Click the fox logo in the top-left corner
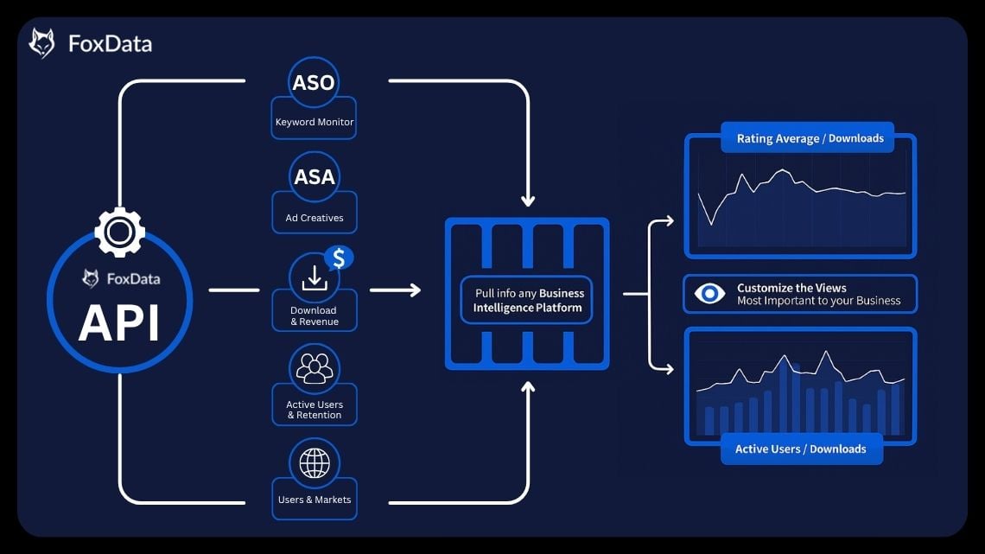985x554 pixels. coord(41,43)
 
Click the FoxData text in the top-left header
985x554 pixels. coord(110,44)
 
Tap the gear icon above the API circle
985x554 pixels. coord(119,232)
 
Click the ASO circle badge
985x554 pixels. coord(314,83)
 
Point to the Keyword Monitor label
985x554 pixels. coord(315,122)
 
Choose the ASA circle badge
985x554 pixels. coord(315,177)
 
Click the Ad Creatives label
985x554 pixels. coord(315,218)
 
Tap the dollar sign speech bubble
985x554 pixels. coord(338,258)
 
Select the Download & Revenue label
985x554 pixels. coord(315,316)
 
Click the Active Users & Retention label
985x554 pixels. coord(315,410)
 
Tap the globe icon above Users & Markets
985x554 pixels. coord(315,463)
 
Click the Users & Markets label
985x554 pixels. coord(315,500)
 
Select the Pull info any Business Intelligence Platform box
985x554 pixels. coord(527,300)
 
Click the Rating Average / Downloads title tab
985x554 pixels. coord(810,138)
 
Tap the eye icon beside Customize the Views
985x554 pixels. coord(709,294)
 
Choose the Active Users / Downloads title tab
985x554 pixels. coord(800,449)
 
